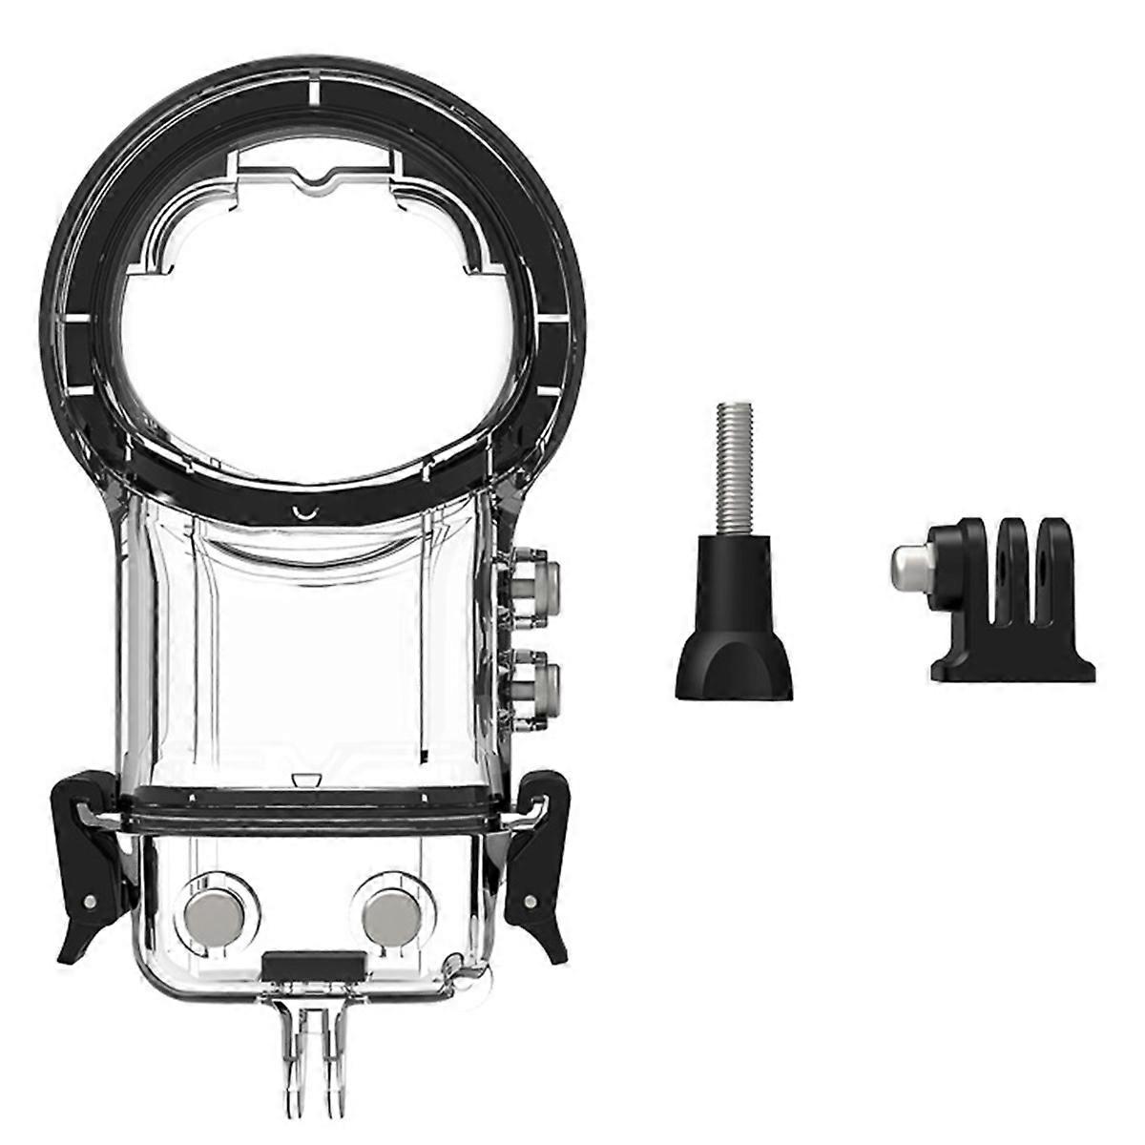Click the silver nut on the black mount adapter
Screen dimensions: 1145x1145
click(x=907, y=567)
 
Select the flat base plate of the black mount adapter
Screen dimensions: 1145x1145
click(x=1012, y=670)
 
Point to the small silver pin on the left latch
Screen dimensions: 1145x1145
click(x=89, y=902)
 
